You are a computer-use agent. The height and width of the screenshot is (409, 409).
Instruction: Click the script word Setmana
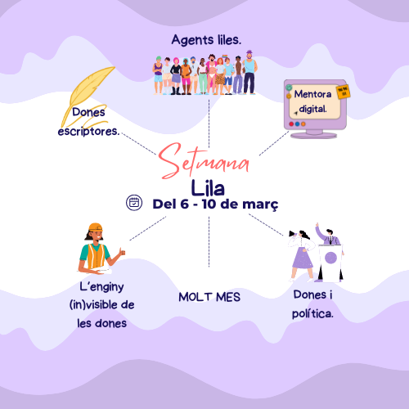203,161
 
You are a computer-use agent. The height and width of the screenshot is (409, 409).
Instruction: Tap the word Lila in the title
208,188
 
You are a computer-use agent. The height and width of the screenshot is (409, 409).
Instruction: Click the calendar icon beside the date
134,203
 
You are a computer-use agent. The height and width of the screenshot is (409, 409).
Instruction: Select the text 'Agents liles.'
206,40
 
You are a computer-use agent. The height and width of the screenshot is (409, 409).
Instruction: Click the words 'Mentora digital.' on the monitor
312,101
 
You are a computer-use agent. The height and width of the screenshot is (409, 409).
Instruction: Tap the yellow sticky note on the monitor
344,92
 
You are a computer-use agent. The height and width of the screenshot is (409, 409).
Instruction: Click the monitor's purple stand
314,134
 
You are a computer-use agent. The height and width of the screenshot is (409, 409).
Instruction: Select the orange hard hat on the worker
96,227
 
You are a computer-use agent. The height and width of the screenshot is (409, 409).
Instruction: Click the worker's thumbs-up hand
122,251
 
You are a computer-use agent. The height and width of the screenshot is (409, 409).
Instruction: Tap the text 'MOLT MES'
209,297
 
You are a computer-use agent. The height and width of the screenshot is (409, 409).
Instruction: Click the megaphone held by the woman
292,234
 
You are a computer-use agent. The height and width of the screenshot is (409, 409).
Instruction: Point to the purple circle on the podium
330,258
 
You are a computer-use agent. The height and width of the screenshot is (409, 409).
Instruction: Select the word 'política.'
312,313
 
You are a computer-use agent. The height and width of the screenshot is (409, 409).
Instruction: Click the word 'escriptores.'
88,131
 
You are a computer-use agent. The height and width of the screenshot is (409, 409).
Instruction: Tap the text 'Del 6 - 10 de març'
215,204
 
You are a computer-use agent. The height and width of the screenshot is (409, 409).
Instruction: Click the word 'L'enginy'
101,287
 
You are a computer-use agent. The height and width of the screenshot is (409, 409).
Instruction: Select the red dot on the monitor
291,124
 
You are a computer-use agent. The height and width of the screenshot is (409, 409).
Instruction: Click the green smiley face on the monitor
289,88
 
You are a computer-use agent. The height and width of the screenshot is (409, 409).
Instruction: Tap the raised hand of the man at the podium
317,225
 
